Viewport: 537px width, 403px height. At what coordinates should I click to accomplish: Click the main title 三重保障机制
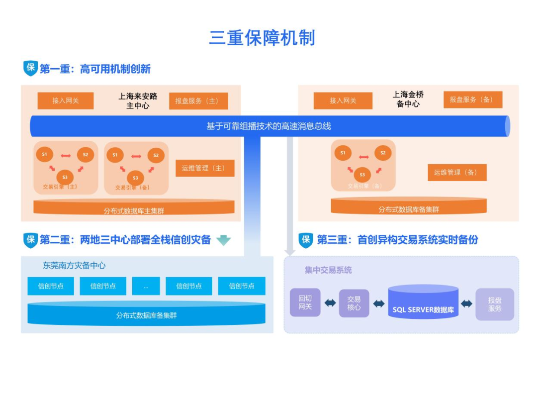point(262,38)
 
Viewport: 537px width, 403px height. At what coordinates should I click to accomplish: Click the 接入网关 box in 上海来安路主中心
point(66,101)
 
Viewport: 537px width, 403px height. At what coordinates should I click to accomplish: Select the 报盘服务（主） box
point(198,101)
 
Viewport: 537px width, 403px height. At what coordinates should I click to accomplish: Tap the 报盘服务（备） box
point(473,100)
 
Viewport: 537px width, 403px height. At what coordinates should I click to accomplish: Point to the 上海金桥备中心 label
point(408,100)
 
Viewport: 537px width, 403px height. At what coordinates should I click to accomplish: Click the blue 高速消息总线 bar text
point(268,126)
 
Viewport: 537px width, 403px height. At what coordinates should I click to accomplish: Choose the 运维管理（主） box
point(205,168)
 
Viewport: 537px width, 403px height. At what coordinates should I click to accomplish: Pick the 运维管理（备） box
point(457,172)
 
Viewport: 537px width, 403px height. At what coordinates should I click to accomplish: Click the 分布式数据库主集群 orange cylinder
point(134,209)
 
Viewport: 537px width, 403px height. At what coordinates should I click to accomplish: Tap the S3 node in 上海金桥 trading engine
point(362,175)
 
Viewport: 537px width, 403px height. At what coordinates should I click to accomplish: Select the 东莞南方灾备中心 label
point(74,266)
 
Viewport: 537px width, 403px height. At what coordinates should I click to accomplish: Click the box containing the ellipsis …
point(146,286)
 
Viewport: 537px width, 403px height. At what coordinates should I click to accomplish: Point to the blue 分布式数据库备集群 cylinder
point(146,314)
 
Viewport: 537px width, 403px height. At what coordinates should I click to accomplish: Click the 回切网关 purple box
point(305,303)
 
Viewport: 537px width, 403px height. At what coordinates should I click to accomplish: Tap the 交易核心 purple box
point(354,303)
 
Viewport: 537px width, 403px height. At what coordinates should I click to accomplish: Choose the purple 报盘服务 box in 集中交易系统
point(494,304)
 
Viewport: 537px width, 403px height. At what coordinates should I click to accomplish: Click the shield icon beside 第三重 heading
point(306,240)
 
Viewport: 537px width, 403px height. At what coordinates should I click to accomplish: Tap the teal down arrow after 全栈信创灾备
point(224,240)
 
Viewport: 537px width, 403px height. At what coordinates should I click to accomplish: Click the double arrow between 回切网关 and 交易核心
point(330,303)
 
